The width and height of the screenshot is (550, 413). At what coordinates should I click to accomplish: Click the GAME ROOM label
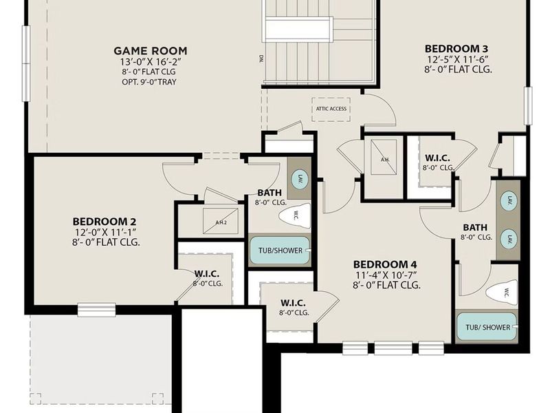pos(150,50)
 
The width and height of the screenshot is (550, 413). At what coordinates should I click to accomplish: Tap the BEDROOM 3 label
pos(456,48)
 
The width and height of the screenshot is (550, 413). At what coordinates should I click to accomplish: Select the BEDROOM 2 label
pos(106,221)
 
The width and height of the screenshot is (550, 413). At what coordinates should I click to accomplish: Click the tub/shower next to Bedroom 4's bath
pos(487,327)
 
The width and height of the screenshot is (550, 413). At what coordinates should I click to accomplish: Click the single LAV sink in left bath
pos(300,179)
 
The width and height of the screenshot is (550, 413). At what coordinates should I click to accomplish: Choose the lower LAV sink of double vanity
pos(509,238)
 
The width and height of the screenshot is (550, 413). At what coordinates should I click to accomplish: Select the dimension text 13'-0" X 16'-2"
pos(150,61)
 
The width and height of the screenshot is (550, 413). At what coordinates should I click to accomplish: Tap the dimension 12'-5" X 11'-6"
pos(456,59)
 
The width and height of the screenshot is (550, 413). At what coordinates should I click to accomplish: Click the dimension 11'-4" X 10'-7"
pos(386,275)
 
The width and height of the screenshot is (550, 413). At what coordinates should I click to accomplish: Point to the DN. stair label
pos(261,58)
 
